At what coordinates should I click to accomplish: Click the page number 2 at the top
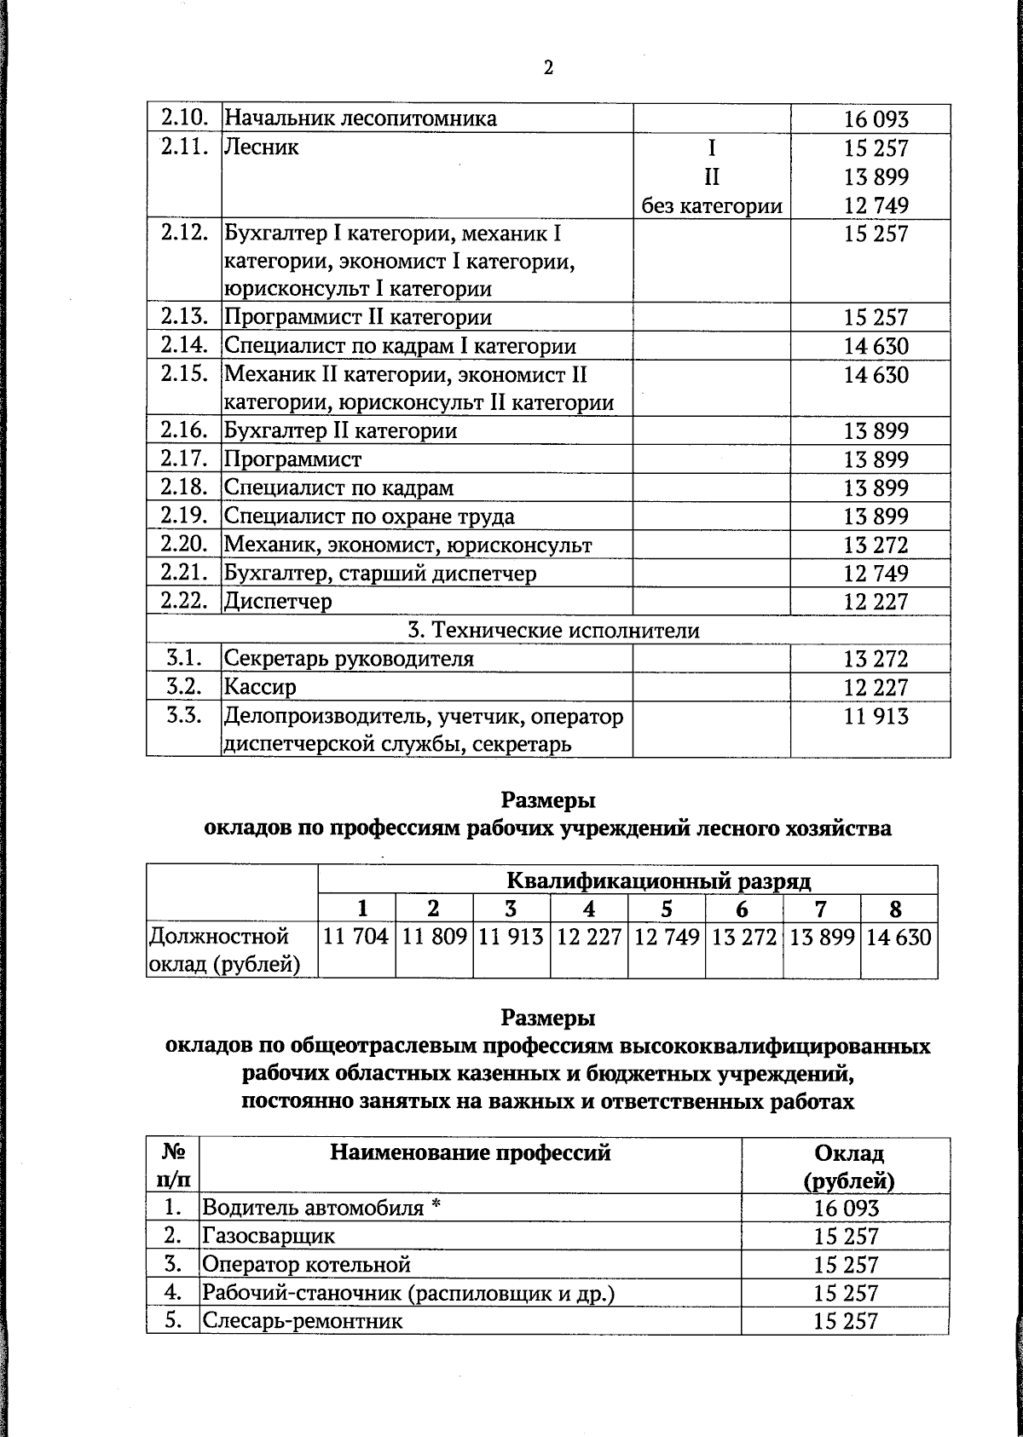(x=548, y=68)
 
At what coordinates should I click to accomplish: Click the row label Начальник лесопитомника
(x=360, y=118)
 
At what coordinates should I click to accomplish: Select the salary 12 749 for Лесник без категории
(x=876, y=205)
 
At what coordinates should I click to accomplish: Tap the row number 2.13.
(x=184, y=317)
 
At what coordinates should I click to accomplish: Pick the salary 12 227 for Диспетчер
(x=876, y=602)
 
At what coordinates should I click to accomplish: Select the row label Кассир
(x=260, y=687)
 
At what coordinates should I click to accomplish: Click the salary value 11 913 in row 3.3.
(x=876, y=717)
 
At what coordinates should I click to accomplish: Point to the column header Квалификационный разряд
(x=658, y=880)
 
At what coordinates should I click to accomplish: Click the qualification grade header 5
(x=666, y=909)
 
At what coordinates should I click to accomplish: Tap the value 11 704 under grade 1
(x=356, y=938)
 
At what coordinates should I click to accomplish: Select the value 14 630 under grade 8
(x=899, y=938)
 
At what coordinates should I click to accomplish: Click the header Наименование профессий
(x=470, y=1153)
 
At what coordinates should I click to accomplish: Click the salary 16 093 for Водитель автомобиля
(x=846, y=1208)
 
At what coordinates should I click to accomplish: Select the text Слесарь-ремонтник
(x=302, y=1321)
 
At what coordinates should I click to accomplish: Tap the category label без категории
(x=712, y=205)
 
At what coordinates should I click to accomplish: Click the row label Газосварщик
(x=268, y=1236)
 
